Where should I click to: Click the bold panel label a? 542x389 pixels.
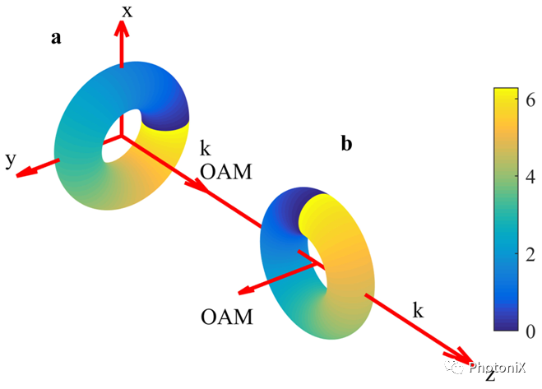(x=55, y=39)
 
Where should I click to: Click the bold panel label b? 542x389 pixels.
(x=347, y=144)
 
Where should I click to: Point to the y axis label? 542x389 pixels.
(x=11, y=160)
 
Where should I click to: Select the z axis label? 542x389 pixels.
(x=489, y=375)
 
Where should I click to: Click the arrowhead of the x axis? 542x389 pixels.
(x=122, y=27)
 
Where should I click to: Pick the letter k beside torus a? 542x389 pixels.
(x=205, y=149)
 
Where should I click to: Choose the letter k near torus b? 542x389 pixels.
(x=418, y=310)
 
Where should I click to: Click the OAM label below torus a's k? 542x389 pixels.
(x=226, y=172)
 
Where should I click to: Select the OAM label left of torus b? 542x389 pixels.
(x=225, y=316)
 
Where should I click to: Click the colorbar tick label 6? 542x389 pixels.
(x=530, y=100)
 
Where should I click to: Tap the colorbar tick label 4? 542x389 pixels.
(x=530, y=177)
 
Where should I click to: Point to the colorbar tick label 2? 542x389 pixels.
(x=530, y=253)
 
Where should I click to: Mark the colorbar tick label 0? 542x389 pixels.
(x=530, y=330)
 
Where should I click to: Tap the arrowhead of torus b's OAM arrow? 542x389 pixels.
(x=243, y=291)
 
